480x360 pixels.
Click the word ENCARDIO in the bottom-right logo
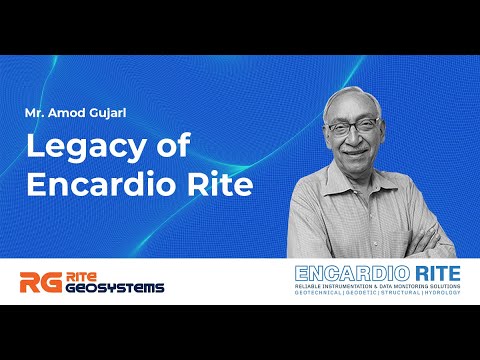[x=343, y=272]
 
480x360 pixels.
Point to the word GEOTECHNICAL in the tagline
[x=323, y=297]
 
